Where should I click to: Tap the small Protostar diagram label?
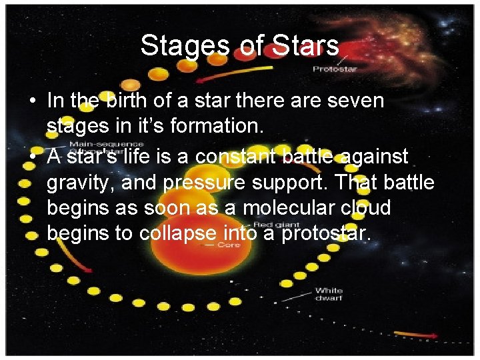click(335, 69)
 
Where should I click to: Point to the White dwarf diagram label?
click(329, 294)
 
